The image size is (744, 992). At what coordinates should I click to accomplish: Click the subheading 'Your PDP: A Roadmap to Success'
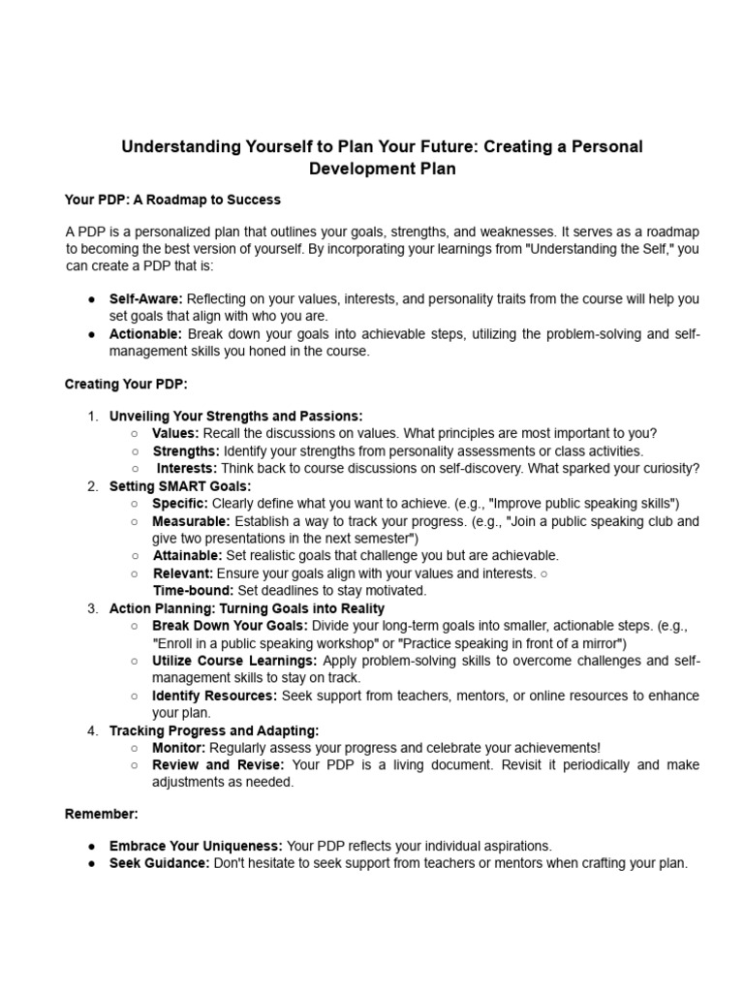tap(172, 200)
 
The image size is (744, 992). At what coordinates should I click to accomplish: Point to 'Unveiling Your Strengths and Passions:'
tap(236, 416)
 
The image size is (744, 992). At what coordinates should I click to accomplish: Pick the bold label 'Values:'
tap(175, 433)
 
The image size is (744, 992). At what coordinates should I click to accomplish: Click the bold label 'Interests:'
tap(188, 468)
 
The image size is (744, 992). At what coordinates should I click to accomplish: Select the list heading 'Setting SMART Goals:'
tap(180, 485)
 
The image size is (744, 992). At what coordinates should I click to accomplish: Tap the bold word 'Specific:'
tap(179, 503)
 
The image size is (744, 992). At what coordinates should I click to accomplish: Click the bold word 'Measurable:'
tap(191, 520)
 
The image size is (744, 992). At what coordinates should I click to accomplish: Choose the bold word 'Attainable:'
tap(187, 555)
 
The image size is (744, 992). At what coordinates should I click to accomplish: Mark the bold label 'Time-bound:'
tap(193, 590)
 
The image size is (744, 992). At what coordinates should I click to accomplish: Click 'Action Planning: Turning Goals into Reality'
tap(247, 608)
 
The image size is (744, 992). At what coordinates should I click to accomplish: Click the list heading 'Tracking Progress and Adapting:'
tap(214, 730)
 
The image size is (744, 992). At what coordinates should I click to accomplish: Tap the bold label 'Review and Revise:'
tap(218, 765)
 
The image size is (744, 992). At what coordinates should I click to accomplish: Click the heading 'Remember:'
tap(102, 814)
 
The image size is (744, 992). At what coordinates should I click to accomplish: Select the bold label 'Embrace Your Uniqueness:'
tap(194, 846)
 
